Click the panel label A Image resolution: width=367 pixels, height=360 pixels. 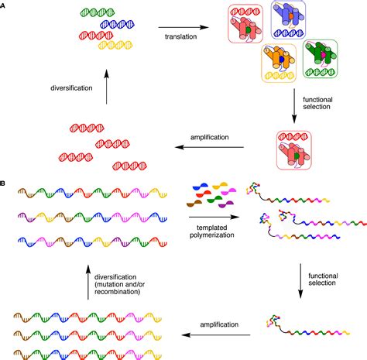(x=4, y=5)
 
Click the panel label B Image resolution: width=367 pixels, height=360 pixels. (x=4, y=183)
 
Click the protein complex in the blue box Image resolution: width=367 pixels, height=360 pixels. (x=288, y=21)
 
